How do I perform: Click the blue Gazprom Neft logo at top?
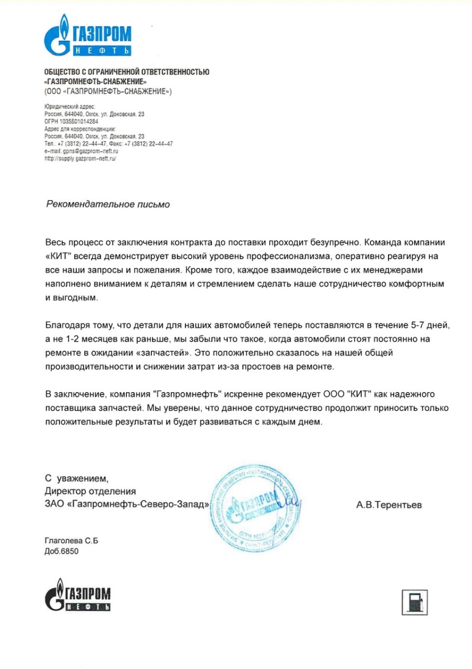point(87,37)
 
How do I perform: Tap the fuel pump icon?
point(415,600)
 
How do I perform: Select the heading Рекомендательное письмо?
point(107,205)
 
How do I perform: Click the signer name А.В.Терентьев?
point(389,506)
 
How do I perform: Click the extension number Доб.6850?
point(62,551)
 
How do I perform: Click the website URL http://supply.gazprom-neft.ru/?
point(80,158)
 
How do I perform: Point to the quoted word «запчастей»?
point(166,353)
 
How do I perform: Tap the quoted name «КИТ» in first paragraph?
point(57,257)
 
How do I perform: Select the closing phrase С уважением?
point(77,478)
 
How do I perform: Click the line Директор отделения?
point(90,491)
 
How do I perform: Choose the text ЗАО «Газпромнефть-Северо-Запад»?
point(127,505)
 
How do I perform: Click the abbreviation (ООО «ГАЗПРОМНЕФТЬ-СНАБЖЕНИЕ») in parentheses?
point(108,90)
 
